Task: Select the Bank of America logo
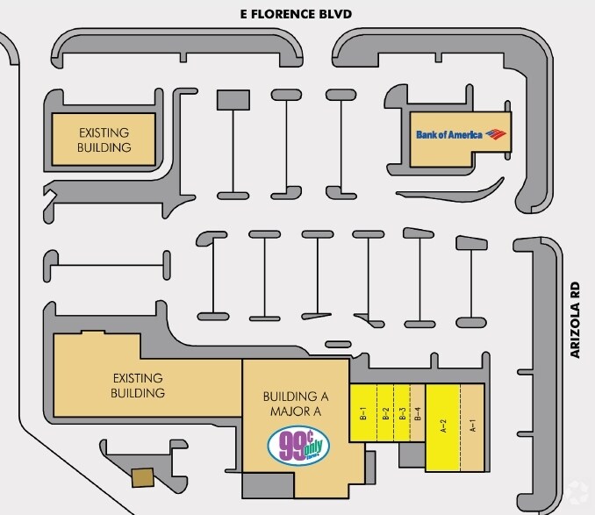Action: pyautogui.click(x=461, y=134)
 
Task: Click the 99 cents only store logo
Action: pyautogui.click(x=298, y=443)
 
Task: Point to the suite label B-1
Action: pyautogui.click(x=362, y=411)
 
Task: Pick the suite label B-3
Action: pyautogui.click(x=402, y=411)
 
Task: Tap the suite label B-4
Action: pyautogui.click(x=419, y=411)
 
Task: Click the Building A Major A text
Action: pyautogui.click(x=296, y=402)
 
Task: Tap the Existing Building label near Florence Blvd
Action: pyautogui.click(x=104, y=139)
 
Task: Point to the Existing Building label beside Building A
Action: pyautogui.click(x=139, y=385)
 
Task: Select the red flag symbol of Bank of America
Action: pyautogui.click(x=496, y=134)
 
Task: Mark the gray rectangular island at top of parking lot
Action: pyautogui.click(x=234, y=100)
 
